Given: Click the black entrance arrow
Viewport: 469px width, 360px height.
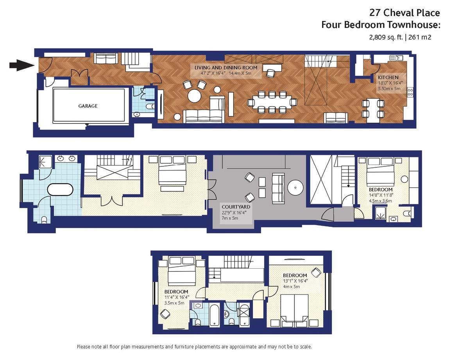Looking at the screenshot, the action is point(22,65).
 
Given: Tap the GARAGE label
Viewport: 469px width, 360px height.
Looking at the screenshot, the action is point(88,106).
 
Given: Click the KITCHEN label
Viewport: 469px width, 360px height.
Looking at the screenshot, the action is point(388,77).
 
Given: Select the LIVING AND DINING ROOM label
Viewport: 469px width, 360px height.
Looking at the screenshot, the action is point(226,68).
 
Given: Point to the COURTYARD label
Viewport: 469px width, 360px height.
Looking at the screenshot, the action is point(236,207).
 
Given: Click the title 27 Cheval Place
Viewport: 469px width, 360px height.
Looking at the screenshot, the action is point(405,13).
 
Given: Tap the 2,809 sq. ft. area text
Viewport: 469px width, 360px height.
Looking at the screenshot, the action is point(386,37).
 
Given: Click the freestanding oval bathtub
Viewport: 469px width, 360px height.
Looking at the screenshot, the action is point(60,189).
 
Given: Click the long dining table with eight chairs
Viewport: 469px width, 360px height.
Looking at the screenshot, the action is point(272,102).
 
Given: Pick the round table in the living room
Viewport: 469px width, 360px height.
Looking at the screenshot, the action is point(195,96).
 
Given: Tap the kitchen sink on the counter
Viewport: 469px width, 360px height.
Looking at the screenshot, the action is point(396,58).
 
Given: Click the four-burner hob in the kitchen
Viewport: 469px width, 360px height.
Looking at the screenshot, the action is point(410,92).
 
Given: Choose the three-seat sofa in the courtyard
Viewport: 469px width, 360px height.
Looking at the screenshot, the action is point(278,189).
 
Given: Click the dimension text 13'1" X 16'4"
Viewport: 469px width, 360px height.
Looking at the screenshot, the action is point(295,281).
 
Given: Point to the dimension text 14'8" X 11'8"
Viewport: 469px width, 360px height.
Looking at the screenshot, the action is point(381,195).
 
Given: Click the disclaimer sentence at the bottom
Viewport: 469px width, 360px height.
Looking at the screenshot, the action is point(194,347).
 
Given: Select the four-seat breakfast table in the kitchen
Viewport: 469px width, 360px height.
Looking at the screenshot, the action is point(373,110).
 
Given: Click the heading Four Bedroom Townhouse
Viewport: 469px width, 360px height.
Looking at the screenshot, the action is point(381,25).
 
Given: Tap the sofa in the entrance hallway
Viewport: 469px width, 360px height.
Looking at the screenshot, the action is point(106,58).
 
